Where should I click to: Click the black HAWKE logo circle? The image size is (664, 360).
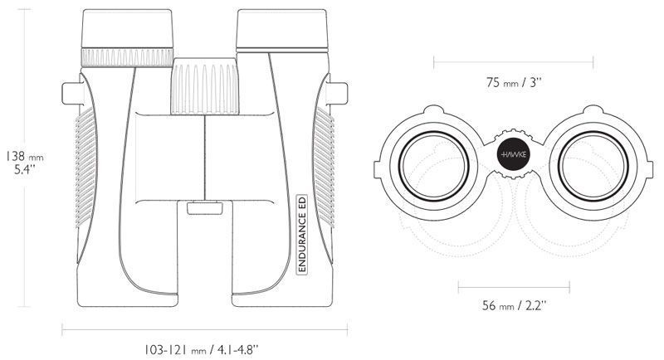coord(514,154)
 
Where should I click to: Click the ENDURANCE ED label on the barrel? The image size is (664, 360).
coord(302,235)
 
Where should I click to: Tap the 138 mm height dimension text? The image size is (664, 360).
coord(25,157)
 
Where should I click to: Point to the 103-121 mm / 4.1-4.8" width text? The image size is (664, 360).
coord(201,350)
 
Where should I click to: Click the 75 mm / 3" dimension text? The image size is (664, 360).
coord(514,82)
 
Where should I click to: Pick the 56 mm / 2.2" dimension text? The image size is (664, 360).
coord(514,305)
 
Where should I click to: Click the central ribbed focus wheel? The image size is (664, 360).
coord(205,86)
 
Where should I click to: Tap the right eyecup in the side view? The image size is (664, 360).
coord(282,29)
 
